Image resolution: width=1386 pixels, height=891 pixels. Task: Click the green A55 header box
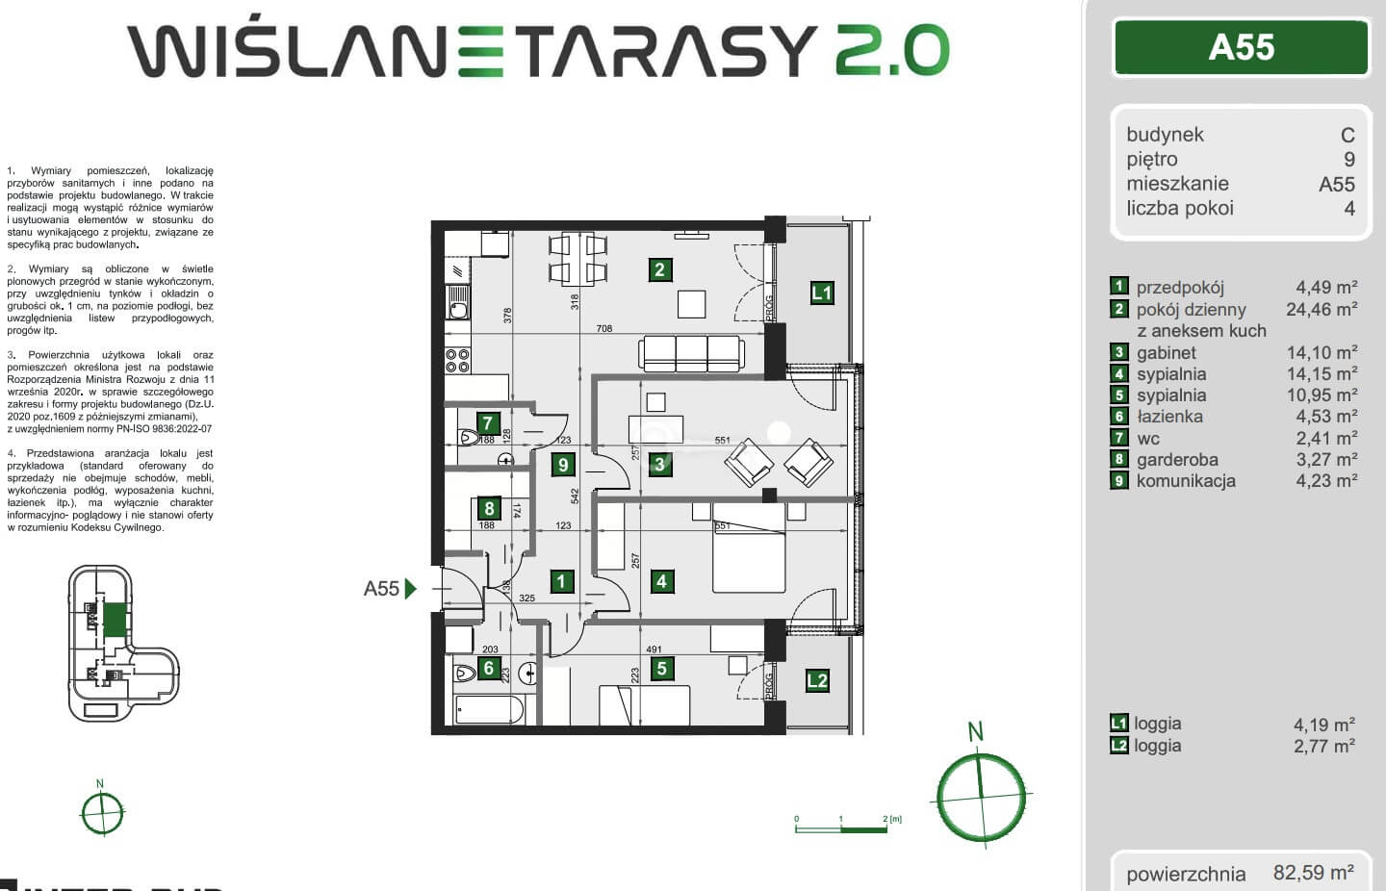(x=1242, y=47)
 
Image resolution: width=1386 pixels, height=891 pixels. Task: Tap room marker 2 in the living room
(x=659, y=269)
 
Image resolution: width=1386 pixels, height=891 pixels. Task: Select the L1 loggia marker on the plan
(x=821, y=293)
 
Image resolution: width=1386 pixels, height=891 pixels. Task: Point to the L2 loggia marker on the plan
(x=817, y=681)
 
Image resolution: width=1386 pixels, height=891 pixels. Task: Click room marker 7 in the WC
(x=487, y=422)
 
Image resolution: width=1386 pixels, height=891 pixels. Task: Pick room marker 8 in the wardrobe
(x=489, y=509)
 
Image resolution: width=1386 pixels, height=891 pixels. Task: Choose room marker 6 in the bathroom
(x=488, y=668)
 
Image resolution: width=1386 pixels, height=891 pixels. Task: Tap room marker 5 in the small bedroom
(x=661, y=669)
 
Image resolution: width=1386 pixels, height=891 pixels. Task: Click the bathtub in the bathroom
(x=488, y=711)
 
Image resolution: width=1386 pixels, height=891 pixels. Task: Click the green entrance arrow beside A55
(x=411, y=588)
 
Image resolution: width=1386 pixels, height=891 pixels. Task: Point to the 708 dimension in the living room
(x=603, y=329)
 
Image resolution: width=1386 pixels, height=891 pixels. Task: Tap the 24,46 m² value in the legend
(x=1322, y=309)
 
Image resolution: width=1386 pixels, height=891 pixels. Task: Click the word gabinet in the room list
(x=1166, y=353)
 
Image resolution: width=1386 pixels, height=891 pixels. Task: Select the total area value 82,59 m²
(x=1313, y=873)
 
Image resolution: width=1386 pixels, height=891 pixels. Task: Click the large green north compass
(x=982, y=796)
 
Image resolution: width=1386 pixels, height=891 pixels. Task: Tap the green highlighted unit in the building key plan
(x=115, y=619)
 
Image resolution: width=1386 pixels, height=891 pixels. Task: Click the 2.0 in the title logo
(x=891, y=51)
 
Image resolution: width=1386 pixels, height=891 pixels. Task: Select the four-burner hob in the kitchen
(x=457, y=361)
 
